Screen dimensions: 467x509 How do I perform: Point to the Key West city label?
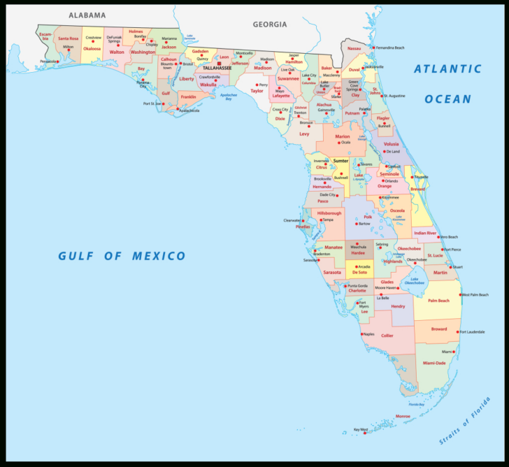[x=361, y=429]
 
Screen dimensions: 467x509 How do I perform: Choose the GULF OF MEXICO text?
[x=122, y=256]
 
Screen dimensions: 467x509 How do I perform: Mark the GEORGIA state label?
[x=270, y=24]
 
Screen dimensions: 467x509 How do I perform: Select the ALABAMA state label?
[x=87, y=15]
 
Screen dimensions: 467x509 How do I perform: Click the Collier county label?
[x=387, y=336]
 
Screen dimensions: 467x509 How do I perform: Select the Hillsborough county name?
[x=329, y=213]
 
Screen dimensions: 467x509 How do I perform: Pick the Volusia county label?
[x=392, y=144]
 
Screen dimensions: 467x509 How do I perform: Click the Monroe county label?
[x=403, y=416]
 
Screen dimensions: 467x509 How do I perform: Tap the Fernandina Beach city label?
[x=391, y=48]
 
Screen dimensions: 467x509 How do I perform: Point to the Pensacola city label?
[x=48, y=61]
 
